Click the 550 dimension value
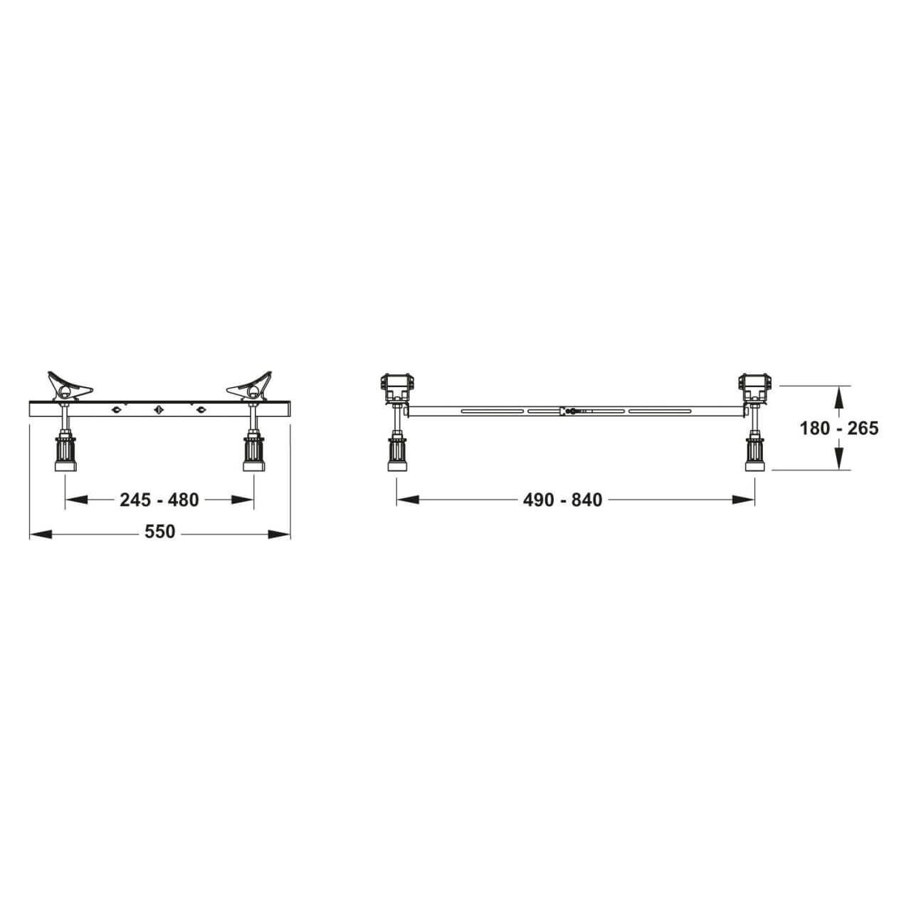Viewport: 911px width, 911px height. (160, 532)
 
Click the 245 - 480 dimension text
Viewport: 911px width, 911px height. (159, 500)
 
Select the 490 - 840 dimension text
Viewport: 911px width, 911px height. (562, 500)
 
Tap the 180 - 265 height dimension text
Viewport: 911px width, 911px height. (838, 428)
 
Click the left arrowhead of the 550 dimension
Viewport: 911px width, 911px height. (41, 535)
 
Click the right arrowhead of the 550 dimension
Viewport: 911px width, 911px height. (279, 535)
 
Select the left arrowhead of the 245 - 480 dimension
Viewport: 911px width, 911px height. (76, 499)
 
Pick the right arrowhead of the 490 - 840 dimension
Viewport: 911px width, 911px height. (743, 499)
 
